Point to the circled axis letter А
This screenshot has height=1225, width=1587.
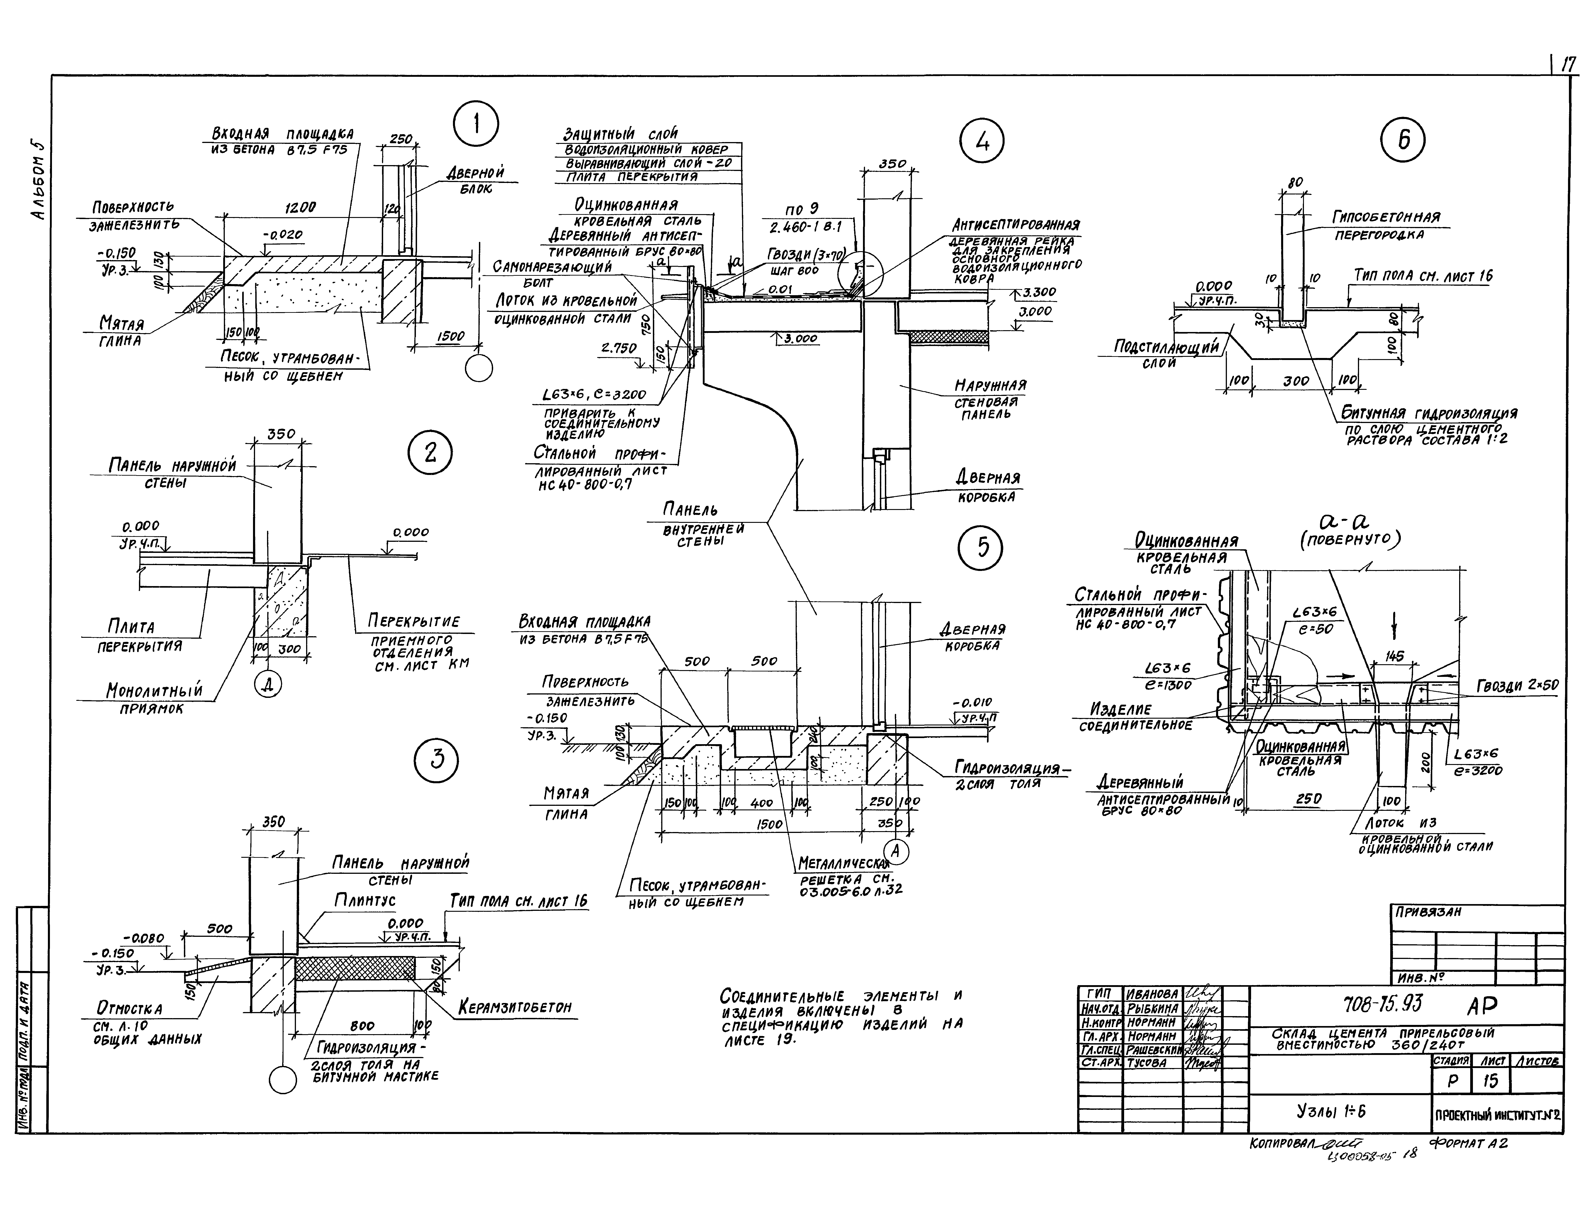(896, 851)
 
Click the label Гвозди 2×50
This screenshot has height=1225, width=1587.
(1517, 685)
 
